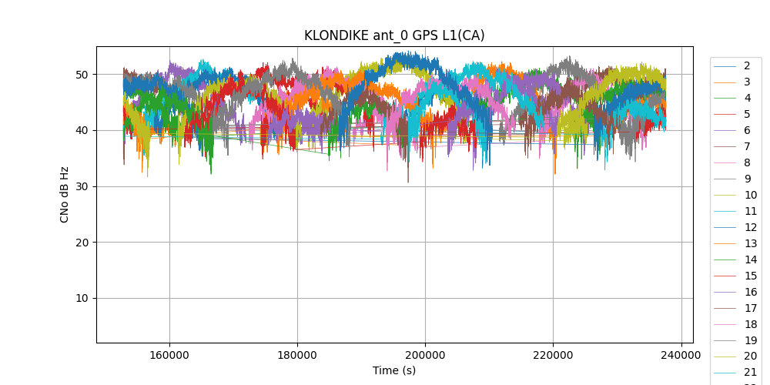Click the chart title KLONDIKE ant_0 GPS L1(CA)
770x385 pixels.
394,35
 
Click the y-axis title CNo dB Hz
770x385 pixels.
65,194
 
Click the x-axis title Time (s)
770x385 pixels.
394,370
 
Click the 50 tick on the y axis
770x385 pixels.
82,75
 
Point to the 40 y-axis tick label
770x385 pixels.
82,131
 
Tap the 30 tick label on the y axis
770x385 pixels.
82,186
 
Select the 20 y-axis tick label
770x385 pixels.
82,243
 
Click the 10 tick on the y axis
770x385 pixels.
82,299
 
